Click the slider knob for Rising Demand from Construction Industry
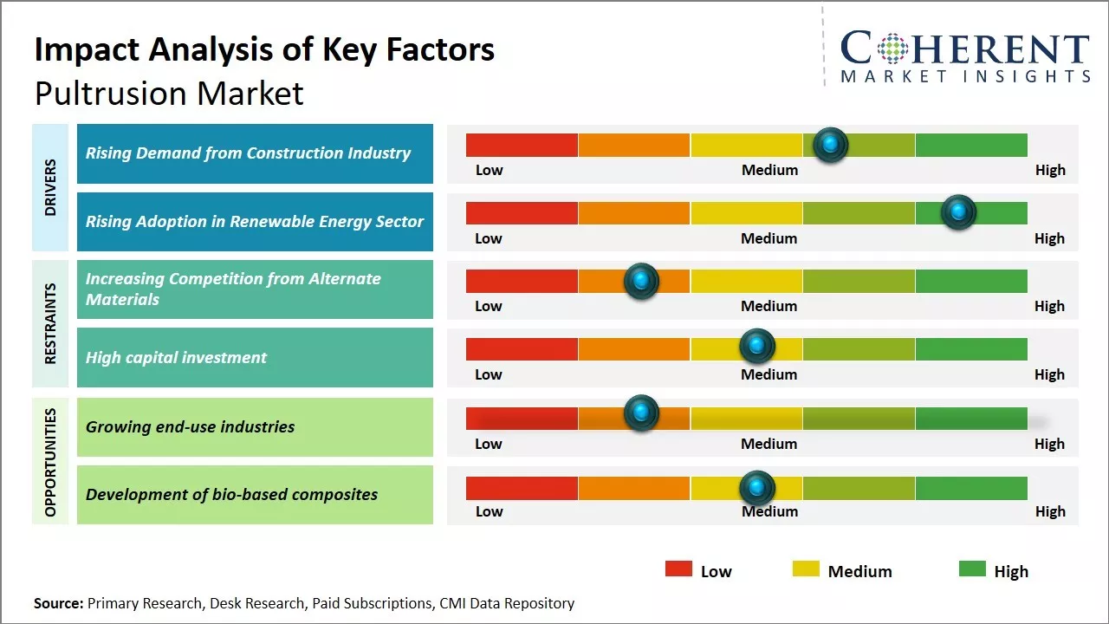(x=831, y=145)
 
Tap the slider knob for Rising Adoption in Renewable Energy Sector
(x=958, y=212)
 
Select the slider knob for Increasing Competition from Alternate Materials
(x=641, y=281)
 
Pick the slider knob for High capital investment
(x=756, y=347)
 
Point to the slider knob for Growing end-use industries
(x=641, y=413)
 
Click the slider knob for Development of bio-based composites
(x=756, y=488)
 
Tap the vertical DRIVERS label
(x=50, y=187)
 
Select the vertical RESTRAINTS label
(x=50, y=323)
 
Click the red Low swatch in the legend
(x=678, y=569)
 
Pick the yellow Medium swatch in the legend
(x=806, y=569)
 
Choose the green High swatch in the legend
(x=972, y=569)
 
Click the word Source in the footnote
(x=58, y=603)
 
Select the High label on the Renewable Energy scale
(x=1049, y=238)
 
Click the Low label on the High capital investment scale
(x=489, y=374)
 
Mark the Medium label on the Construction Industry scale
(x=769, y=170)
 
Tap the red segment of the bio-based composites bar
(x=522, y=488)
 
